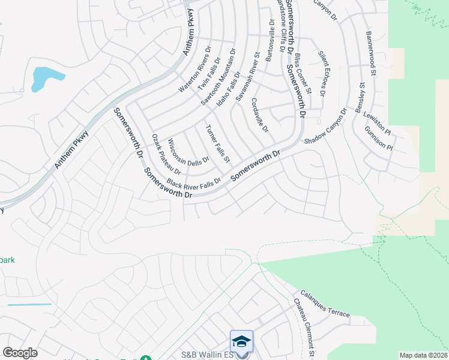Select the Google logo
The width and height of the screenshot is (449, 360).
click(x=20, y=353)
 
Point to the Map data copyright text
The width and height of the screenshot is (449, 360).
click(x=424, y=355)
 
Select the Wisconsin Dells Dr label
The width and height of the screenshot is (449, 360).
click(x=188, y=152)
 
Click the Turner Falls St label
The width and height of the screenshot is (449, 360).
click(x=218, y=144)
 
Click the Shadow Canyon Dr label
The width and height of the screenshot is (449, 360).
click(x=326, y=127)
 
